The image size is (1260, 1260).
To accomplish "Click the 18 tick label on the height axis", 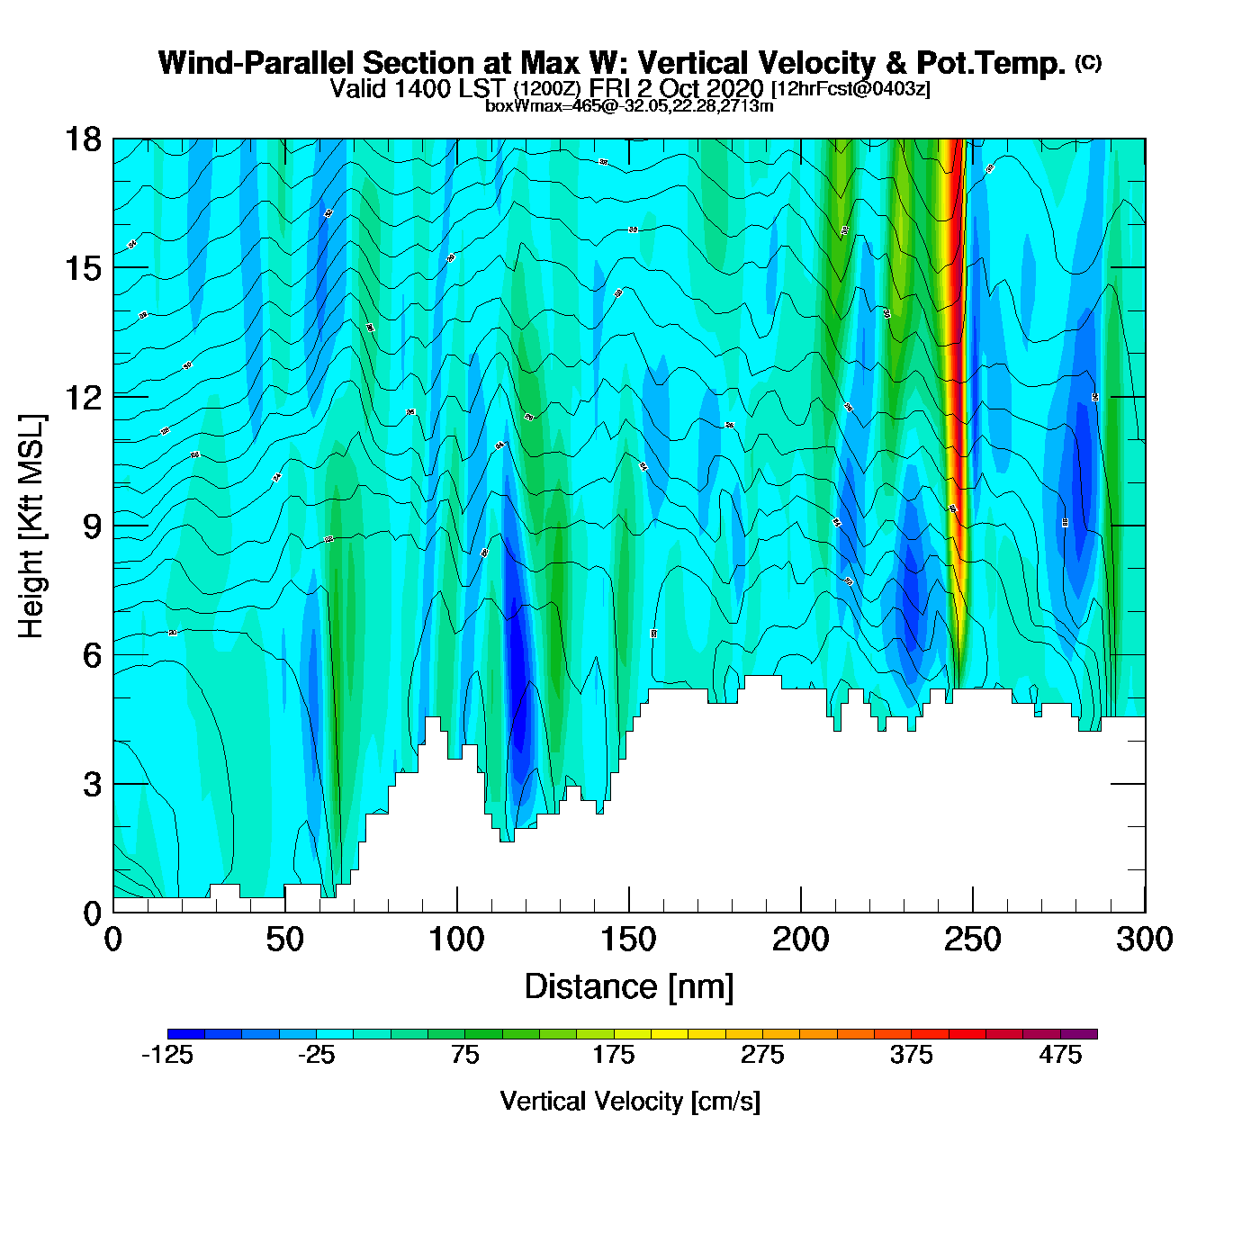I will pyautogui.click(x=82, y=139).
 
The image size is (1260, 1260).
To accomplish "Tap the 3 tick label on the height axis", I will pyautogui.click(x=92, y=785).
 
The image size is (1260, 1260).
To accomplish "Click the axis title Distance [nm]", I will pyautogui.click(x=629, y=987).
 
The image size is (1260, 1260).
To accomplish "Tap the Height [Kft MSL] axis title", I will pyautogui.click(x=32, y=526).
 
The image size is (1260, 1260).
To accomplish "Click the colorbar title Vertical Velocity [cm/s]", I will pyautogui.click(x=630, y=1102).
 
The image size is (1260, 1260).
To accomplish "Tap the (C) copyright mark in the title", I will pyautogui.click(x=1087, y=62).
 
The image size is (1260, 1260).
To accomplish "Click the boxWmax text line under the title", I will pyautogui.click(x=629, y=106).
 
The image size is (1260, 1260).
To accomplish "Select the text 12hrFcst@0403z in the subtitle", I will pyautogui.click(x=850, y=89).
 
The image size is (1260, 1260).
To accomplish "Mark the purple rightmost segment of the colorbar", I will pyautogui.click(x=1079, y=1034).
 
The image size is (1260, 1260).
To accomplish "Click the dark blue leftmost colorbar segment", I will pyautogui.click(x=186, y=1034).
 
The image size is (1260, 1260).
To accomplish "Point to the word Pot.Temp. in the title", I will pyautogui.click(x=991, y=64).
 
